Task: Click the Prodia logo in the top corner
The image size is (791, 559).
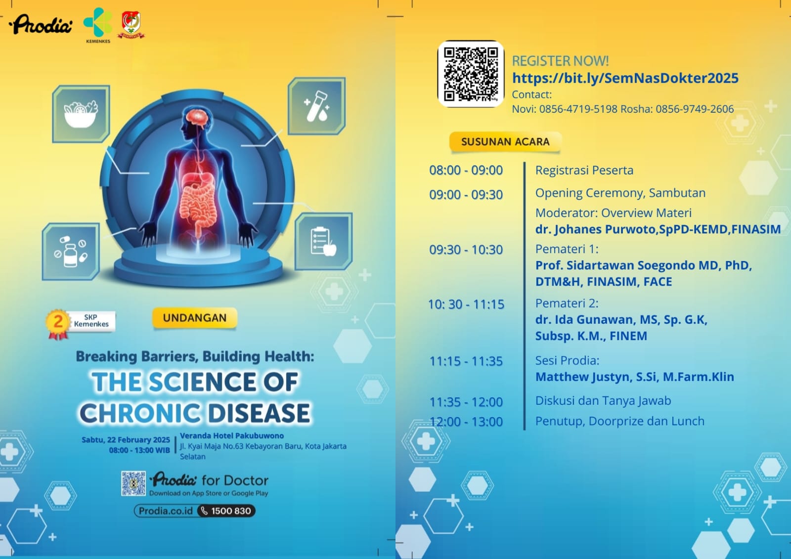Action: click(41, 24)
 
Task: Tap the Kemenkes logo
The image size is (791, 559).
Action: click(98, 25)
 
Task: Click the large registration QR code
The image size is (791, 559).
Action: click(471, 74)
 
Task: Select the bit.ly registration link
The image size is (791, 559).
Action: click(625, 78)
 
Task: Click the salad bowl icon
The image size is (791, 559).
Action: click(81, 114)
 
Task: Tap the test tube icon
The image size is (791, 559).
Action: click(317, 106)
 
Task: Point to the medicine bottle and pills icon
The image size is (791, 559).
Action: click(71, 252)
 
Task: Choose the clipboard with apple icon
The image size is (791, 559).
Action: click(323, 242)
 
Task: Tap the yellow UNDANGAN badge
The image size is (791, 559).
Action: click(195, 318)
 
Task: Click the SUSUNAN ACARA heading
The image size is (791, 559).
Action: click(505, 142)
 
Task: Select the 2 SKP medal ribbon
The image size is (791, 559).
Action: click(57, 324)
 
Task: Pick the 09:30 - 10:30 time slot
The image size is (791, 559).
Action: click(466, 250)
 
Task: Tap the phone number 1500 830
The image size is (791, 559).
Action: click(231, 511)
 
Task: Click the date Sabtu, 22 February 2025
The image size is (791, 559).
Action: click(126, 440)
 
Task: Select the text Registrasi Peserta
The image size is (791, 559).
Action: click(584, 170)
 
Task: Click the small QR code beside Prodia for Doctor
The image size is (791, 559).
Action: click(133, 483)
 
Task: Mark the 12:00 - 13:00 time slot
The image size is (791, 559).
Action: click(466, 422)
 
